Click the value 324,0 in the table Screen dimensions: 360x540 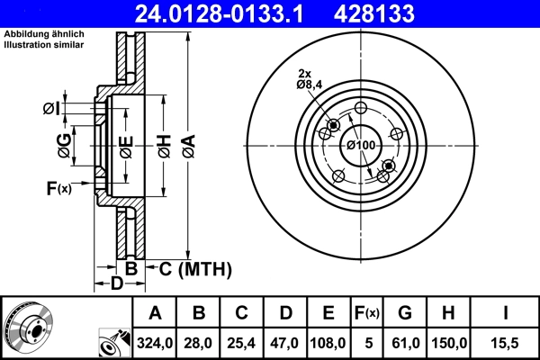click(156, 343)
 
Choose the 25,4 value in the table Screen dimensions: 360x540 click(241, 343)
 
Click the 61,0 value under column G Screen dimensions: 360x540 click(405, 343)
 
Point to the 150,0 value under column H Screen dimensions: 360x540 click(451, 343)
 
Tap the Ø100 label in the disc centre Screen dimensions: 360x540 click(361, 145)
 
